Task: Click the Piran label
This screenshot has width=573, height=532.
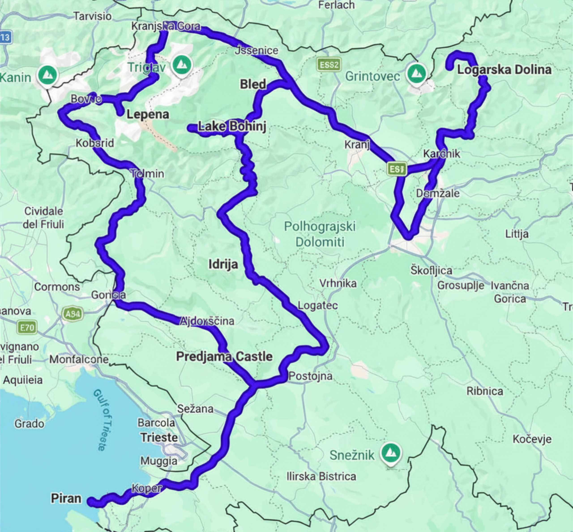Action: tap(66, 498)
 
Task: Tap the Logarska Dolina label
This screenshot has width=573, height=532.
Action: tap(504, 70)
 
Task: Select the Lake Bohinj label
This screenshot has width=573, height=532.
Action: tap(232, 126)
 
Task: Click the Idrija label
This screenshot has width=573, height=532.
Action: tap(223, 264)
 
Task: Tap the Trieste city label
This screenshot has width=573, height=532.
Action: tap(159, 437)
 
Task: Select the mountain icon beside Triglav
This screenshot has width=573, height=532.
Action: tap(181, 64)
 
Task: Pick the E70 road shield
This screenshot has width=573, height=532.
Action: tap(27, 327)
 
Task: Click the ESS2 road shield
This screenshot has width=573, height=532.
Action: tap(329, 65)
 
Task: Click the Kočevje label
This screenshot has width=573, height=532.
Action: tap(532, 439)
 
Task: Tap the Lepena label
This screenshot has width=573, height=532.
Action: tap(148, 114)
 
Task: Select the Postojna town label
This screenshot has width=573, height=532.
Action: tap(310, 376)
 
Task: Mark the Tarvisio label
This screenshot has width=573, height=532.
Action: tap(92, 16)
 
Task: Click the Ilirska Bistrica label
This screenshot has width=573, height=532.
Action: tap(321, 476)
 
